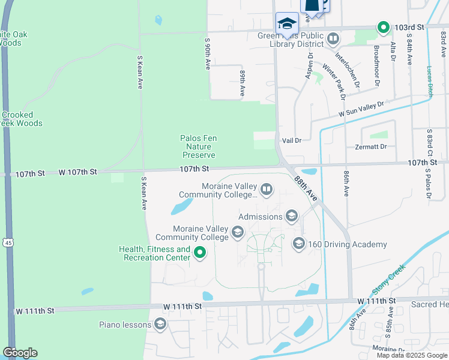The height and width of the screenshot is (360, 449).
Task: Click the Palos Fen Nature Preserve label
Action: (198, 146)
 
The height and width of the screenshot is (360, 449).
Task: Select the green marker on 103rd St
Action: (383, 27)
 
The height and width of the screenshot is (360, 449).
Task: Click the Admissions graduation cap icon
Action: (292, 216)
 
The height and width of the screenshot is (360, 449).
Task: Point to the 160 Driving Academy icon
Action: (298, 244)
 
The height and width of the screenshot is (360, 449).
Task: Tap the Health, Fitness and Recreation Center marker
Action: (200, 254)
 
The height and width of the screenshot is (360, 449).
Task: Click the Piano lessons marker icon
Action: (160, 325)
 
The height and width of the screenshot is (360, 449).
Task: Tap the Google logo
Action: (20, 353)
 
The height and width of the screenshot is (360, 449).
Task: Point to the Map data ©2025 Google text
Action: (411, 355)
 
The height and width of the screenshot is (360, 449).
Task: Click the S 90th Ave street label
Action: (207, 53)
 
